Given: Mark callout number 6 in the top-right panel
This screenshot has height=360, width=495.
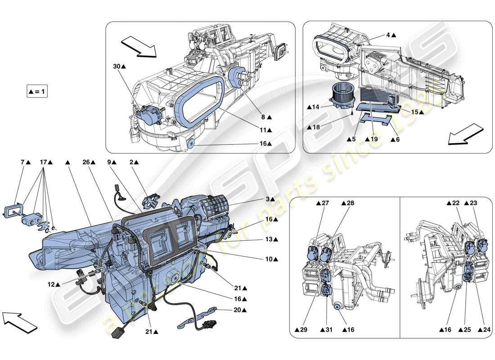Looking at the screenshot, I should (x=395, y=140).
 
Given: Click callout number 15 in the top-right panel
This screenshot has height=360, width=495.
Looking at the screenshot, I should (x=417, y=112).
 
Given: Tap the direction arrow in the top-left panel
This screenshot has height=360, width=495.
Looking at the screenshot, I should (x=138, y=47).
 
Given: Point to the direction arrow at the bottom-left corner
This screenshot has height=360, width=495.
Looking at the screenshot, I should (x=20, y=321).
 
